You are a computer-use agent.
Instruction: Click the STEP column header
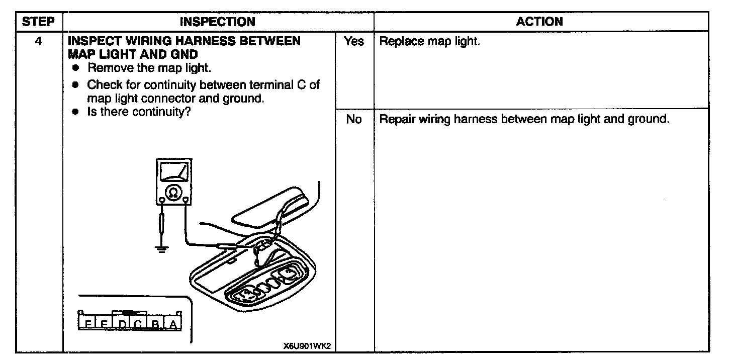39,22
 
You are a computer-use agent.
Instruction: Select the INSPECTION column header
217,22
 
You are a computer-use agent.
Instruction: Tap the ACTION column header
539,22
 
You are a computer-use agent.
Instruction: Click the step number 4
38,41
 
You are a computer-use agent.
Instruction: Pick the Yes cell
353,42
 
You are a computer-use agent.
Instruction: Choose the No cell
353,120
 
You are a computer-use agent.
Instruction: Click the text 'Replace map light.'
429,42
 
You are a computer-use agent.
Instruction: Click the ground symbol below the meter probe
161,248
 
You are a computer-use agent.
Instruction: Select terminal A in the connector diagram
173,325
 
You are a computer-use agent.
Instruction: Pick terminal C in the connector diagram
138,325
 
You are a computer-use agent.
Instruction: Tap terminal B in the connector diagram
155,325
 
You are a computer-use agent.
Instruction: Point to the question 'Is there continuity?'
138,112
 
